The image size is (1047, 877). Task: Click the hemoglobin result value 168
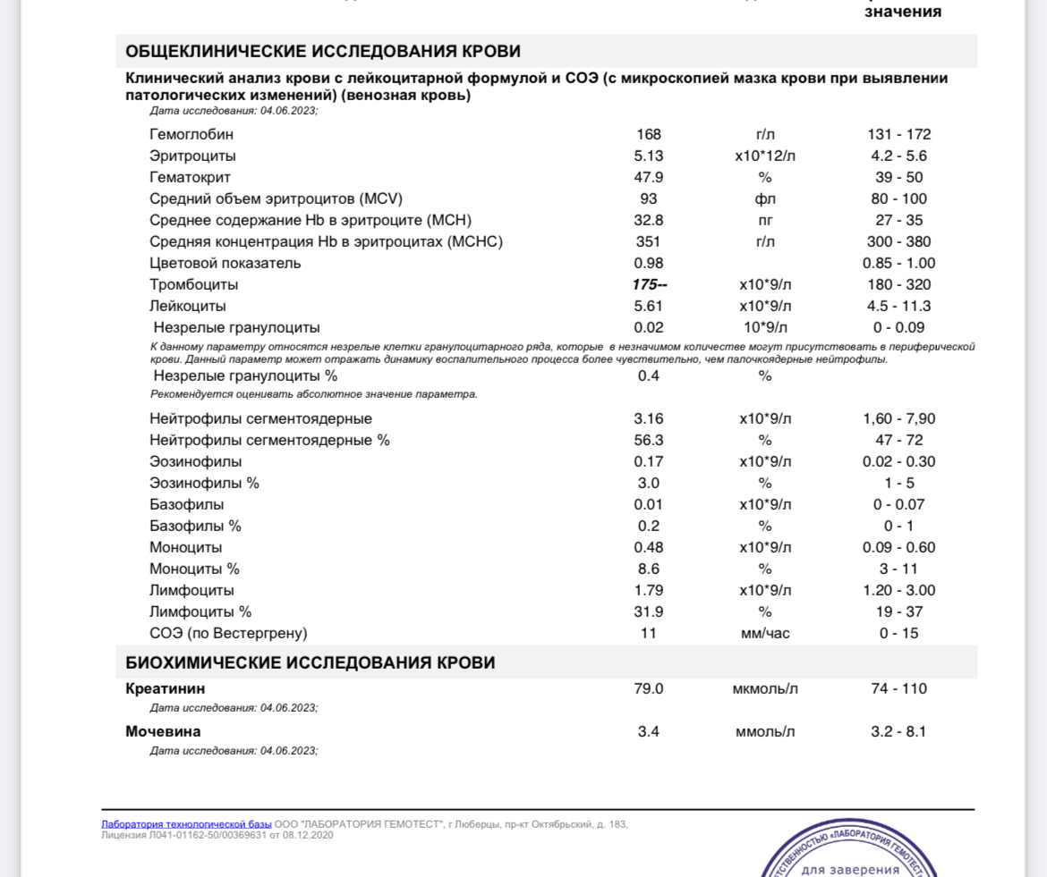pyautogui.click(x=649, y=135)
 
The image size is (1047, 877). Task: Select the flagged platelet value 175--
pyautogui.click(x=650, y=285)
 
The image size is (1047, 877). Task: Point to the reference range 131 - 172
pyautogui.click(x=898, y=135)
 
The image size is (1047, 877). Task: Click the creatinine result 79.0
pyautogui.click(x=649, y=689)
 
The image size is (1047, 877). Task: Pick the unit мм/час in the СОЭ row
pyautogui.click(x=764, y=634)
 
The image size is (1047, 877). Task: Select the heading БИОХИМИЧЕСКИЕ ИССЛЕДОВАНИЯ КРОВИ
pyautogui.click(x=310, y=663)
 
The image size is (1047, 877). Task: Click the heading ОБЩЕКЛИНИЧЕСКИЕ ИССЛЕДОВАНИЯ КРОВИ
pyautogui.click(x=322, y=51)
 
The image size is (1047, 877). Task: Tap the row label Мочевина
pyautogui.click(x=163, y=732)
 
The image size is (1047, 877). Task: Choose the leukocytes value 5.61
pyautogui.click(x=649, y=307)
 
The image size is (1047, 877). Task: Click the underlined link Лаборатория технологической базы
pyautogui.click(x=186, y=824)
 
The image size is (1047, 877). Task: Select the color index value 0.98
pyautogui.click(x=649, y=264)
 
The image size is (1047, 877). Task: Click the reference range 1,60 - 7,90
pyautogui.click(x=898, y=419)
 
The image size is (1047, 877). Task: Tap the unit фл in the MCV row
pyautogui.click(x=764, y=199)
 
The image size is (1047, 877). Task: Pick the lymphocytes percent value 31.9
pyautogui.click(x=649, y=612)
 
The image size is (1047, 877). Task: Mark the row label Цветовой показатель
pyautogui.click(x=225, y=264)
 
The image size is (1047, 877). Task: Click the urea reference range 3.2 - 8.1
pyautogui.click(x=898, y=732)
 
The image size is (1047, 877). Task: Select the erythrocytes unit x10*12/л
pyautogui.click(x=764, y=156)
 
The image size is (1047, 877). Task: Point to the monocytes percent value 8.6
pyautogui.click(x=649, y=569)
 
